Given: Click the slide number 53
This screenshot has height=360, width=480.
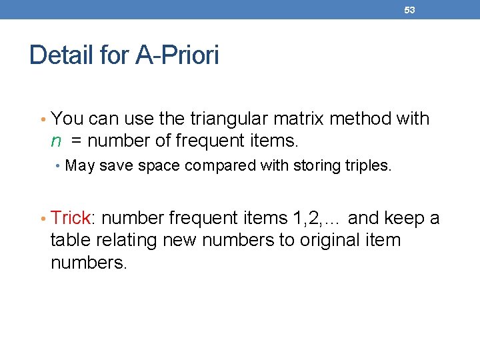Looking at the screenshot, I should pyautogui.click(x=409, y=10).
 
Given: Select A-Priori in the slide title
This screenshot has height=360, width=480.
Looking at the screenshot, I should pyautogui.click(x=177, y=55).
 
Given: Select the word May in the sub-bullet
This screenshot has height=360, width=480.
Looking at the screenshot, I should pyautogui.click(x=80, y=165).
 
